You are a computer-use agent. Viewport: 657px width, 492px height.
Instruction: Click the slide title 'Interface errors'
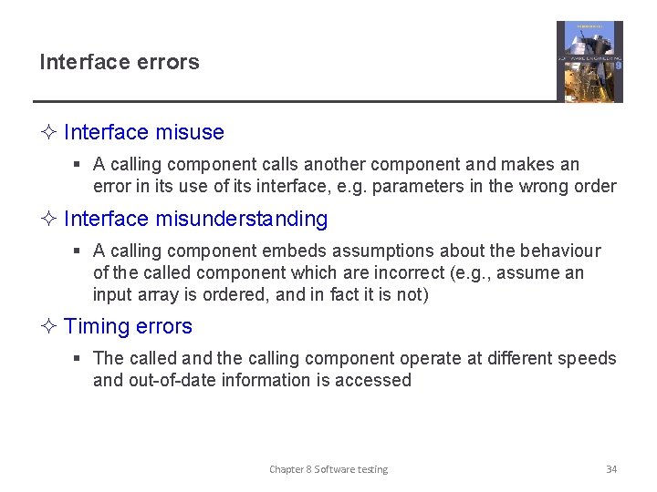(119, 62)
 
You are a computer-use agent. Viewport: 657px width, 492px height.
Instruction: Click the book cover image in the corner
(589, 61)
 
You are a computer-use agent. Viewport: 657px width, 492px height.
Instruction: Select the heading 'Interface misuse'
(144, 132)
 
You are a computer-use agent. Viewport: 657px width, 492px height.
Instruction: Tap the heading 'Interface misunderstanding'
(195, 219)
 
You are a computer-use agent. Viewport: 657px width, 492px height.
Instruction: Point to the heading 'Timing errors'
(128, 326)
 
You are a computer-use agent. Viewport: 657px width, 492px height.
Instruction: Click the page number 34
(611, 469)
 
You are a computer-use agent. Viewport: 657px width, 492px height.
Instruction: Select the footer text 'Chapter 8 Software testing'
(328, 469)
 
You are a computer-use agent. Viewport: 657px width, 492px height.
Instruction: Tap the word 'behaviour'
(561, 251)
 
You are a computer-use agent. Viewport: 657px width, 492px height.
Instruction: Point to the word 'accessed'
(372, 380)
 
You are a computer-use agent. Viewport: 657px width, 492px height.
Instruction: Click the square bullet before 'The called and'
(78, 358)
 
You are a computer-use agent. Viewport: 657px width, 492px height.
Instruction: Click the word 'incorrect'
(419, 272)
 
